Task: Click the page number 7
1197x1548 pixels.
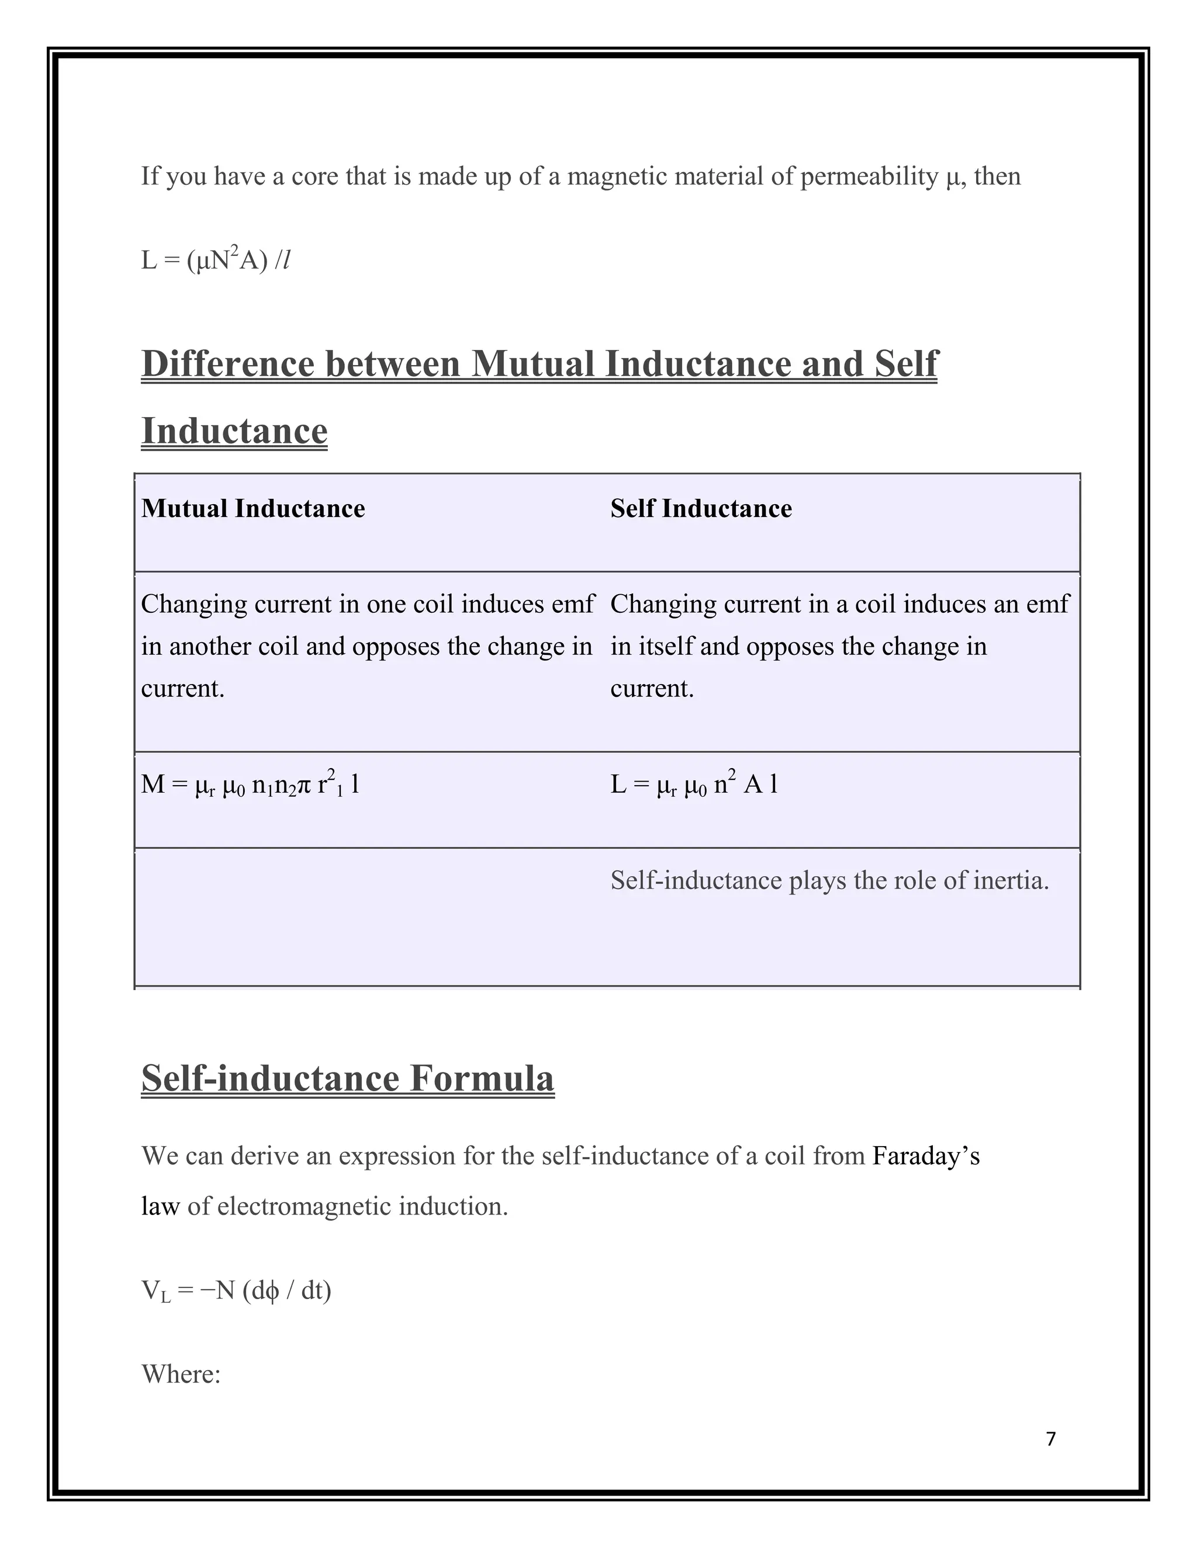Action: point(1050,1439)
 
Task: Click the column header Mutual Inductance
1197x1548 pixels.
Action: point(253,509)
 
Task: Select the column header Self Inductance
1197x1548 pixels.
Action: point(701,509)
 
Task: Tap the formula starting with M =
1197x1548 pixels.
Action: point(250,785)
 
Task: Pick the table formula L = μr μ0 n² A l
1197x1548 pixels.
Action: point(694,785)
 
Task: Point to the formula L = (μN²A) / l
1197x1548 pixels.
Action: point(216,260)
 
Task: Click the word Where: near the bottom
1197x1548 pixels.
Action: point(182,1375)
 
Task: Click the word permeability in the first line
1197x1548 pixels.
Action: point(869,176)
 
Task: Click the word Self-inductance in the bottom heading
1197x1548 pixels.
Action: point(271,1078)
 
